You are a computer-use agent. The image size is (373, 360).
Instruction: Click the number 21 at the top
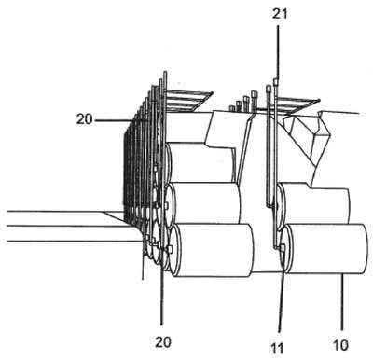click(280, 14)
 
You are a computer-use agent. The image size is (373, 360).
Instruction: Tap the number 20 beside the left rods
click(85, 119)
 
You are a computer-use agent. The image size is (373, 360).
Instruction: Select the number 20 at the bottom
click(163, 342)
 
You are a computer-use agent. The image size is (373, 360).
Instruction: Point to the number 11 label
click(277, 349)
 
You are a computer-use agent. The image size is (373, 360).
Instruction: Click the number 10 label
click(340, 345)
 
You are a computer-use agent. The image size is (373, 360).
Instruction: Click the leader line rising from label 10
click(342, 301)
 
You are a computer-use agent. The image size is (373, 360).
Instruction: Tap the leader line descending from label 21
click(278, 52)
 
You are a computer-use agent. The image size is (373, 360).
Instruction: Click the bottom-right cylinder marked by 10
click(326, 249)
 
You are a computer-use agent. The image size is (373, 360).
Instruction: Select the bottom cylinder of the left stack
click(212, 250)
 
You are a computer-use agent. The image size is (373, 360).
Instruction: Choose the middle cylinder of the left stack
click(202, 202)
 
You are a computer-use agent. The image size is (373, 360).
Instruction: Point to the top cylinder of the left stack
click(200, 162)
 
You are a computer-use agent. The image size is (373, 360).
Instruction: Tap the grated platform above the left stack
click(187, 101)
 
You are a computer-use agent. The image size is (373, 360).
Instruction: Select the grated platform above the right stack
click(296, 104)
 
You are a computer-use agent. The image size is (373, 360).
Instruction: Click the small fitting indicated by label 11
click(283, 248)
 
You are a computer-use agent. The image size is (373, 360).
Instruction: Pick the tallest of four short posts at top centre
click(255, 99)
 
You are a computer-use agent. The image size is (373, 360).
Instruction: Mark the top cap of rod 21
click(276, 82)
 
